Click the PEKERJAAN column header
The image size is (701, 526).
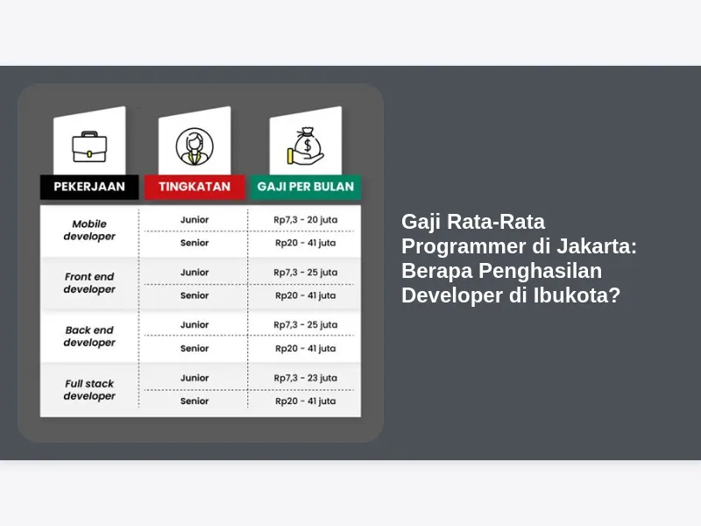coord(89,187)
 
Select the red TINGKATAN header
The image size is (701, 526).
coord(195,187)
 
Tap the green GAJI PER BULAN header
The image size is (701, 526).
coord(305,187)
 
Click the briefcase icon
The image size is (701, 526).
coord(89,146)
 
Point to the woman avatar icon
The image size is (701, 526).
coord(195,146)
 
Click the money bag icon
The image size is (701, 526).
coord(305,146)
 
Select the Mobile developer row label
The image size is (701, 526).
coord(89,230)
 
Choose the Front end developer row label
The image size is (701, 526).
coord(89,282)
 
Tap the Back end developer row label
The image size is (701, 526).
coord(89,336)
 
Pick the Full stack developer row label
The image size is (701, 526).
coord(89,389)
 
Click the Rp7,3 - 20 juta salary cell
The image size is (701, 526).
coord(305,220)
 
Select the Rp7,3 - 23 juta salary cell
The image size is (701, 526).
coord(305,378)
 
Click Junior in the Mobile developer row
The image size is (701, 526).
coord(195,220)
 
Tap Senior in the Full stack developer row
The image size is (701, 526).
coord(195,401)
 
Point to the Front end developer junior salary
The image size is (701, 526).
coord(305,273)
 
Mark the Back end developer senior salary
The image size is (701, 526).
coord(305,348)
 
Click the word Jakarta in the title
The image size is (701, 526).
coord(597,246)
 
